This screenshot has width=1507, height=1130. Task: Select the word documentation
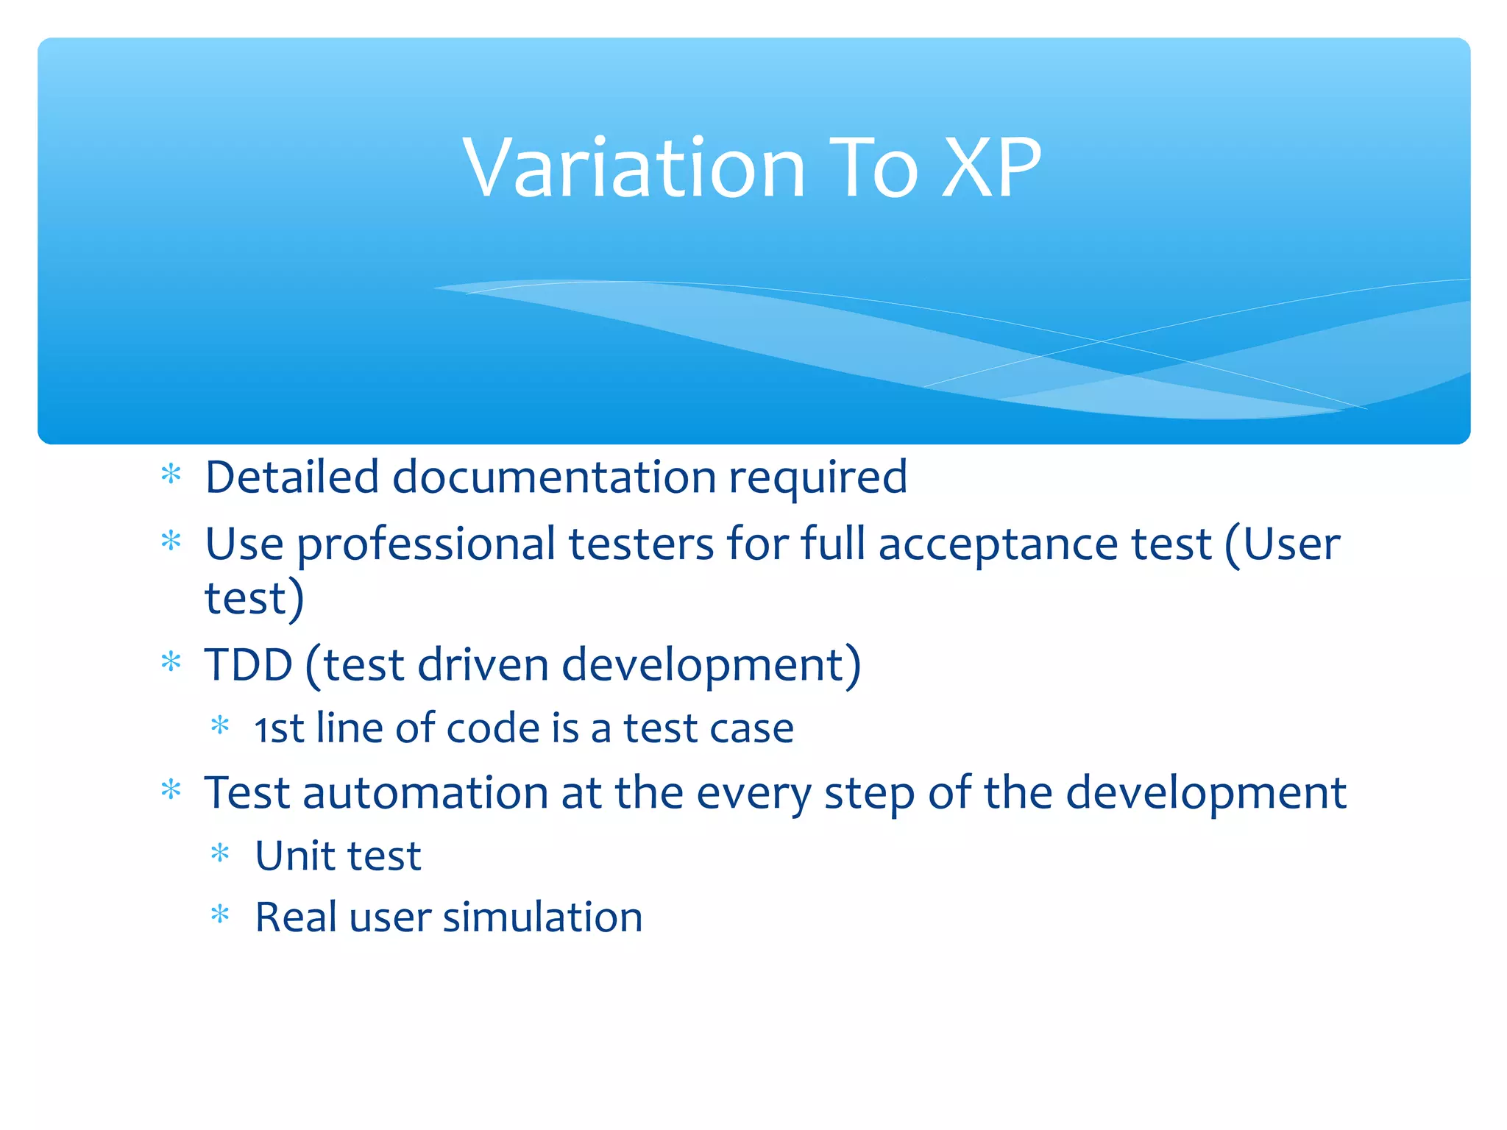(x=554, y=477)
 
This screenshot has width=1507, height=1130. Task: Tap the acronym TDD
(x=249, y=664)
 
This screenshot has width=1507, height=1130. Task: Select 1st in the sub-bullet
(x=279, y=728)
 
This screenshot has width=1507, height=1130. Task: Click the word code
(x=492, y=728)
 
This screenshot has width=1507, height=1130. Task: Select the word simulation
(x=542, y=917)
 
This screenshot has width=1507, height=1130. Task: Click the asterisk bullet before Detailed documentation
(x=171, y=475)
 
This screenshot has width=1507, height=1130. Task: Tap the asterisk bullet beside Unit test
(x=220, y=853)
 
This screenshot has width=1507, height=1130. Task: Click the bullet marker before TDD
(x=171, y=662)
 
